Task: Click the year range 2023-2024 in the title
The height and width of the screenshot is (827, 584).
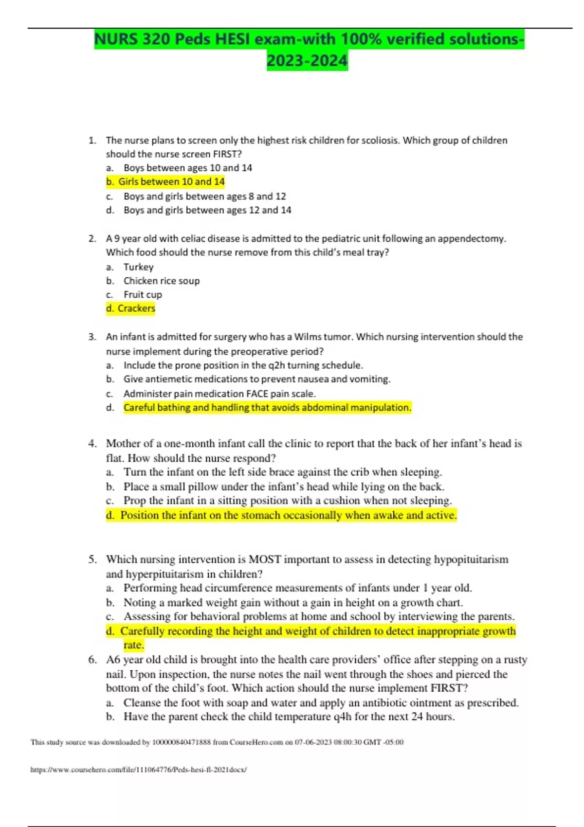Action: coord(307,61)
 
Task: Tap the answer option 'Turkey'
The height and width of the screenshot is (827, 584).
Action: coord(138,267)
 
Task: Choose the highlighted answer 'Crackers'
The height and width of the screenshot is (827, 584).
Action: coord(136,308)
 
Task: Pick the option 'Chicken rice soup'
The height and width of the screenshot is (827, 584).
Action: coord(161,281)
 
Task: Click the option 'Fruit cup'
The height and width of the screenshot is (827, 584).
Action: coord(143,295)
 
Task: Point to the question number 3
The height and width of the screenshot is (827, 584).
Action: coord(92,337)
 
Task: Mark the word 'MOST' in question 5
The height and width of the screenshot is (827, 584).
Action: coord(265,559)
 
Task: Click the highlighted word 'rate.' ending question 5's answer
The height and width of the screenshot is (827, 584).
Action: coord(133,645)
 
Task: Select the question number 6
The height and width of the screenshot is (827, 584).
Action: coord(92,660)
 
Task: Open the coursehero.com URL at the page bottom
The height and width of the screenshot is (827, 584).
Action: coord(138,770)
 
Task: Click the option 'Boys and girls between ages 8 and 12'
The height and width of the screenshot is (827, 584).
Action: coord(204,197)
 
